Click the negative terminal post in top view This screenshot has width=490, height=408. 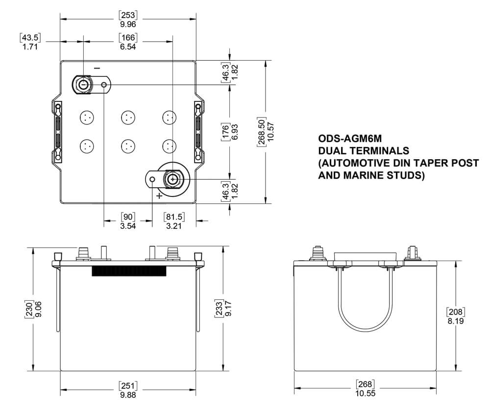83,85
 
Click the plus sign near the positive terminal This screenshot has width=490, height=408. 159,195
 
